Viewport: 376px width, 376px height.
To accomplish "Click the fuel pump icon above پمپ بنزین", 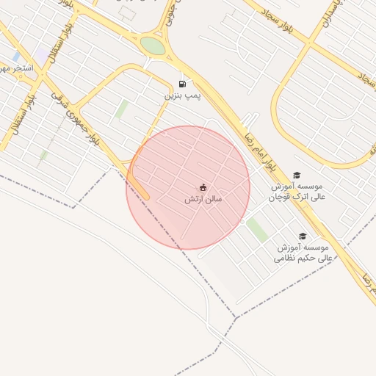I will (x=182, y=84).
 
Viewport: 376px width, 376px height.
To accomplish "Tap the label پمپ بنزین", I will (x=182, y=95).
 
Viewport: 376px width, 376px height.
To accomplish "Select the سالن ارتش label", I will (x=203, y=199).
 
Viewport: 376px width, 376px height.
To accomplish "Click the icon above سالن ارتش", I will (x=203, y=187).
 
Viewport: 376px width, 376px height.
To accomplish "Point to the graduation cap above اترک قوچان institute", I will (x=297, y=175).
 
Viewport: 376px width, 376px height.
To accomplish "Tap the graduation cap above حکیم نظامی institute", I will (x=303, y=236).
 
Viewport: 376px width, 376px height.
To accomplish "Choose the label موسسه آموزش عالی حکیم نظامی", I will (x=303, y=253).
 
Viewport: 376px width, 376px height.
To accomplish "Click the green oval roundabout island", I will (x=153, y=46).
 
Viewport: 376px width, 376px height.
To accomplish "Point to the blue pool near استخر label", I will (x=16, y=57).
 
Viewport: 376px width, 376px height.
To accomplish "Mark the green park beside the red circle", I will (x=257, y=230).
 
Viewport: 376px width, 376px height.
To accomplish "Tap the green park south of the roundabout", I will (x=121, y=109).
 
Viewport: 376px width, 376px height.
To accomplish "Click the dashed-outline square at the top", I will (x=127, y=12).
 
